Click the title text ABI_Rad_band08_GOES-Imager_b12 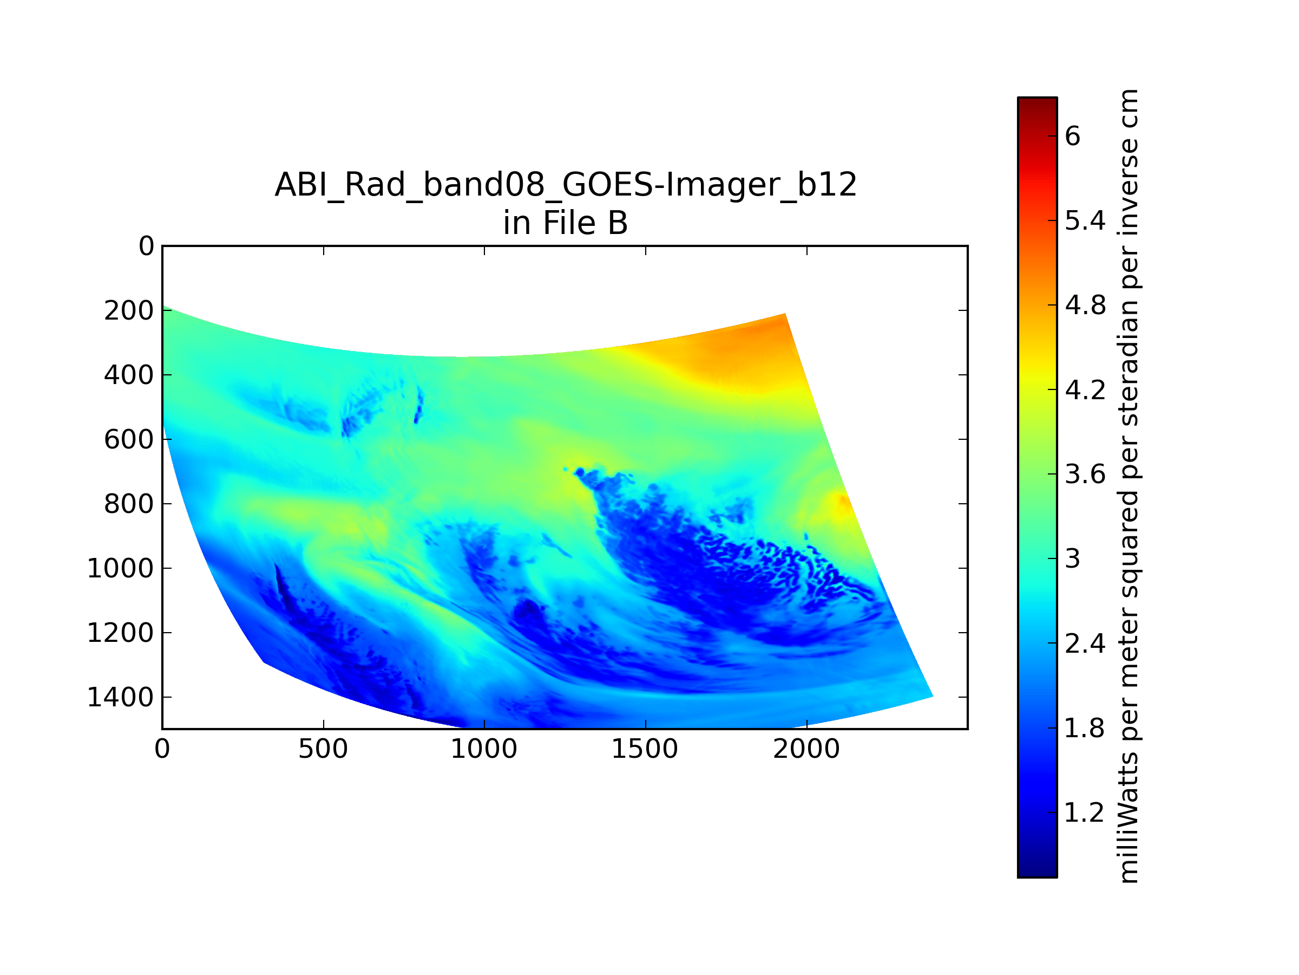(x=566, y=185)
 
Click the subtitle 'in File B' (x=566, y=223)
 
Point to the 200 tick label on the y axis (x=129, y=310)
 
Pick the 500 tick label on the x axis (x=323, y=749)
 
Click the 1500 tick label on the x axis (x=645, y=749)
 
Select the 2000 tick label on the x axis (x=806, y=749)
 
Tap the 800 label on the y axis (x=129, y=504)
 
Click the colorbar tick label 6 (x=1072, y=136)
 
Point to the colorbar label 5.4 (x=1085, y=221)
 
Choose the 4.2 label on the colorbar (x=1085, y=389)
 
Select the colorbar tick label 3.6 (x=1085, y=474)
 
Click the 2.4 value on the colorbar (x=1085, y=643)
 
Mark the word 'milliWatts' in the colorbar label (x=1129, y=818)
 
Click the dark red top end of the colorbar (x=1037, y=101)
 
